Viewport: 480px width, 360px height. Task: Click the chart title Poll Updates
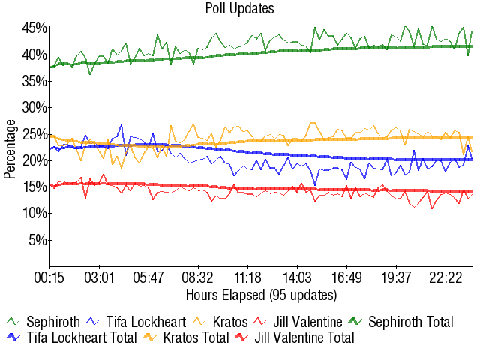point(239,9)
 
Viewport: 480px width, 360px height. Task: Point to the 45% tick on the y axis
point(35,28)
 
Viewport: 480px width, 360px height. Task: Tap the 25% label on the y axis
point(35,134)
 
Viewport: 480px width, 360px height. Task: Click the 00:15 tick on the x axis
point(50,278)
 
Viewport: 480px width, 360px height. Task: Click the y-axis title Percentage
point(10,148)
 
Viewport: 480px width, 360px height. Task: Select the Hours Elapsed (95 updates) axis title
point(261,294)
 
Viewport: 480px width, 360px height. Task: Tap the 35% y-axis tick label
point(35,81)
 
